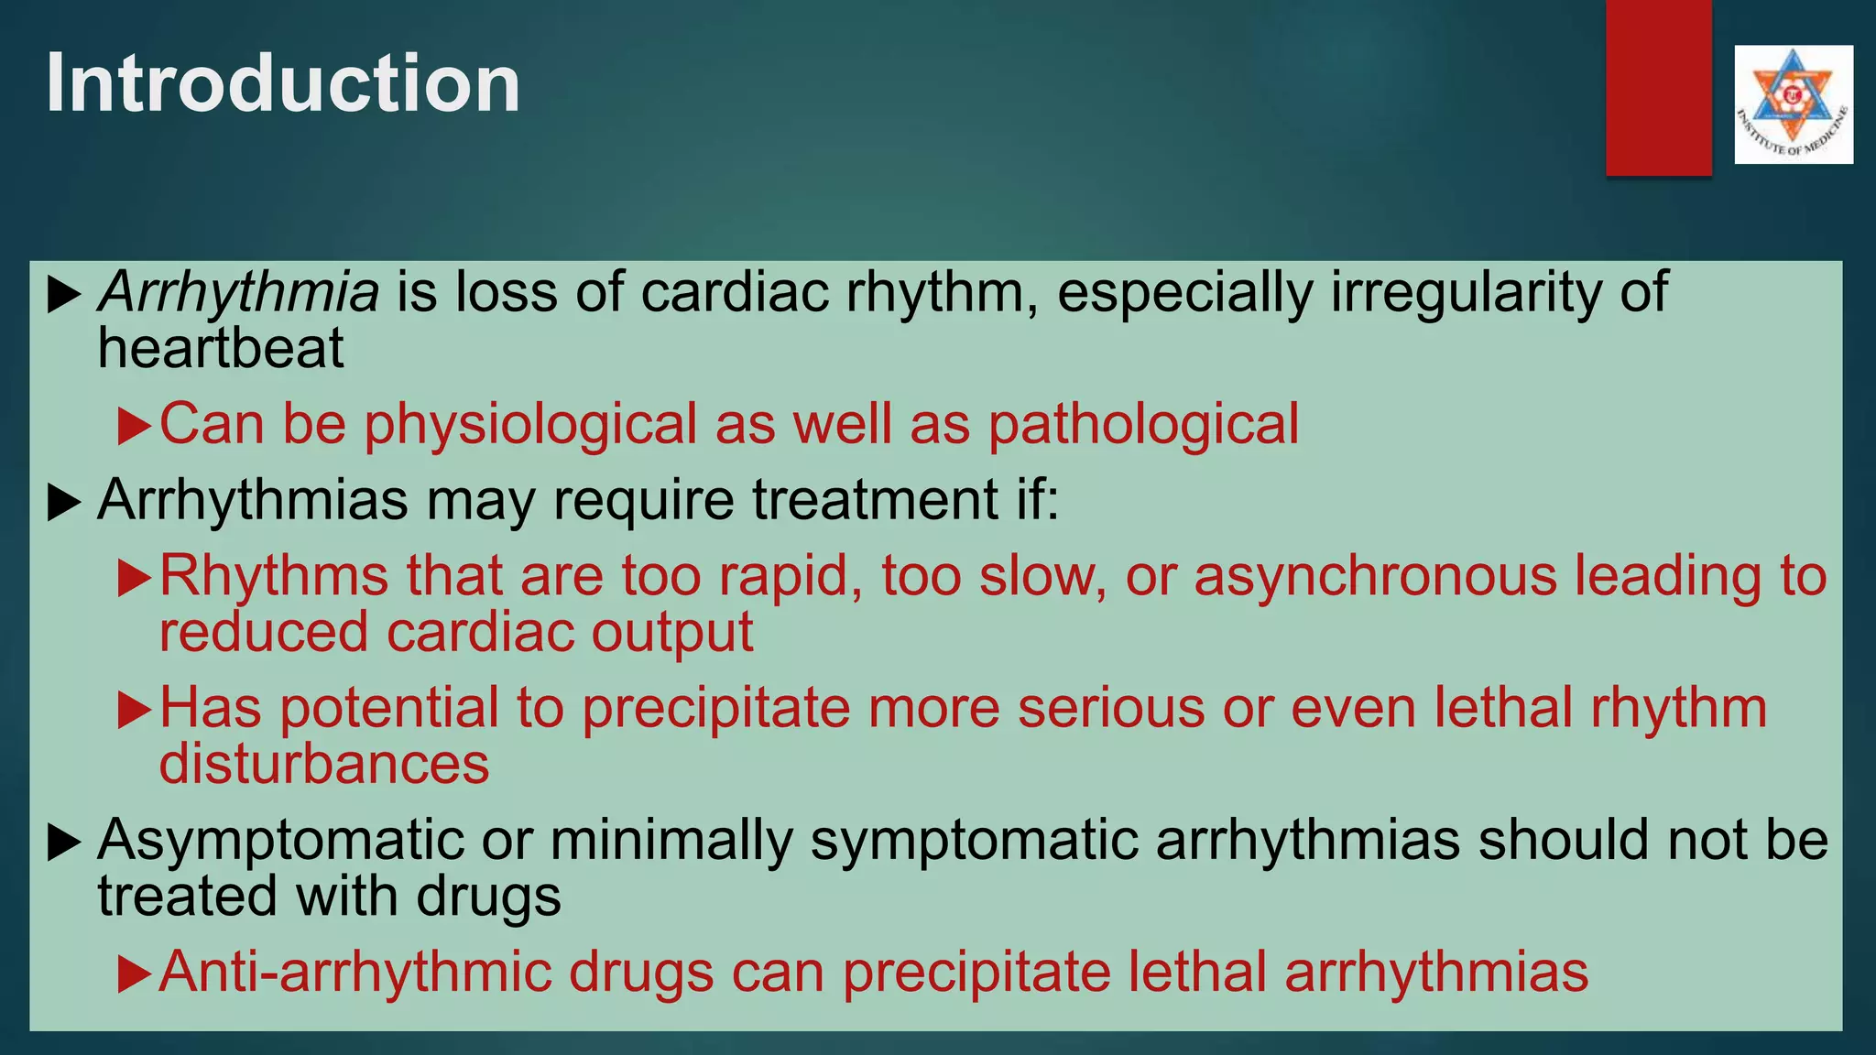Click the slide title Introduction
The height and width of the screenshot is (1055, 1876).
282,83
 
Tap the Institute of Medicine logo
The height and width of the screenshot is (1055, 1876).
1793,104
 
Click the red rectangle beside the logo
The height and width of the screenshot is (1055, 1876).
1658,87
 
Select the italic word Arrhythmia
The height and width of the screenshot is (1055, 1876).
238,293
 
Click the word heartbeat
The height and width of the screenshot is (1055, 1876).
221,349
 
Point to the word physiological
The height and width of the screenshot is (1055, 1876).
531,425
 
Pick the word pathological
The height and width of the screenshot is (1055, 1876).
1142,425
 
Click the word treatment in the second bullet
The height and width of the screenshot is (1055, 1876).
876,501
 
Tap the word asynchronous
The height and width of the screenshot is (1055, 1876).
1375,577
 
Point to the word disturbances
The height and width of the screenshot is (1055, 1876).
324,765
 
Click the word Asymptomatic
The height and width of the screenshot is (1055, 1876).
280,841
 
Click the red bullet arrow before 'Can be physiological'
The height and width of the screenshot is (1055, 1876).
134,427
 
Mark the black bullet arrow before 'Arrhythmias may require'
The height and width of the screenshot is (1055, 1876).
63,503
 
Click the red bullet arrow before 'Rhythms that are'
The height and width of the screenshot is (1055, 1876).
134,579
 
